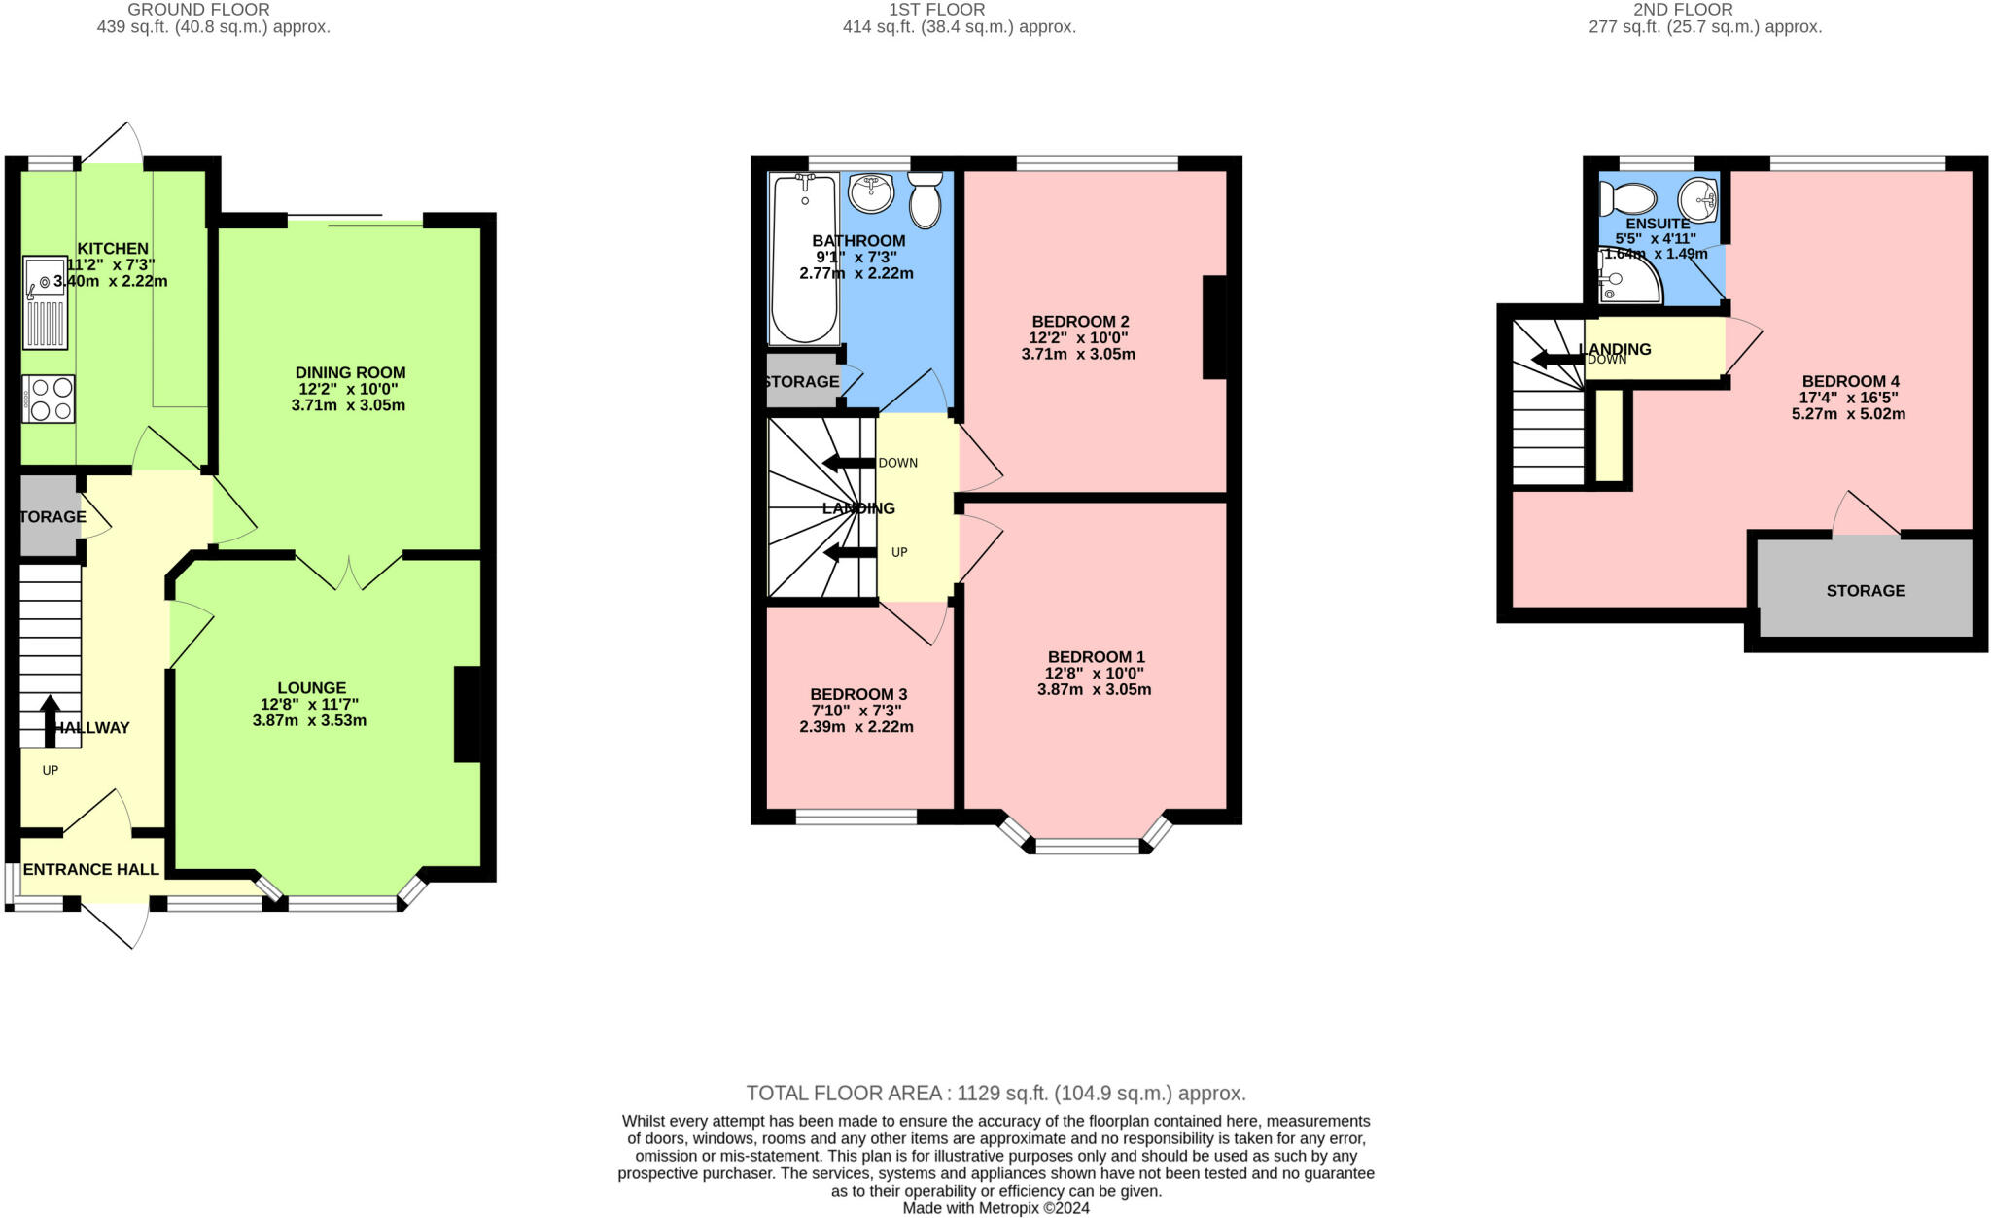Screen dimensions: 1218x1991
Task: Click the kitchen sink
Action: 45,301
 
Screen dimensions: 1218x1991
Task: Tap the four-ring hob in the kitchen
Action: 49,399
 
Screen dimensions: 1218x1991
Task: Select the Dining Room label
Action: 350,372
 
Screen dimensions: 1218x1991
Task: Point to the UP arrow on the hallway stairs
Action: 50,720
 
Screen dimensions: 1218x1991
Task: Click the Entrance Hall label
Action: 90,869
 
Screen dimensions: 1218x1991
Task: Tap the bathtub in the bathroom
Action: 803,258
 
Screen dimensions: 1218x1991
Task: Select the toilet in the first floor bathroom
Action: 925,199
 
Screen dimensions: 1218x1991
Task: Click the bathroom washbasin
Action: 870,191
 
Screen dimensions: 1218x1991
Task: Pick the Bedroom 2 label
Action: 1080,321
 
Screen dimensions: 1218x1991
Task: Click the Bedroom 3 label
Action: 858,694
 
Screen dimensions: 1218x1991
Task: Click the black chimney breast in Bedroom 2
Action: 1214,327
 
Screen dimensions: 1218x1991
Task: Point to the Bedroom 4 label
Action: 1850,381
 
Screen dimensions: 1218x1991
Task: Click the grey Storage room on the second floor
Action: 1865,590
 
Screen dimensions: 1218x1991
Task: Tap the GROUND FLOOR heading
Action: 198,10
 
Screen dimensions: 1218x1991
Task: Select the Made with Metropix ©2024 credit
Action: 995,1208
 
